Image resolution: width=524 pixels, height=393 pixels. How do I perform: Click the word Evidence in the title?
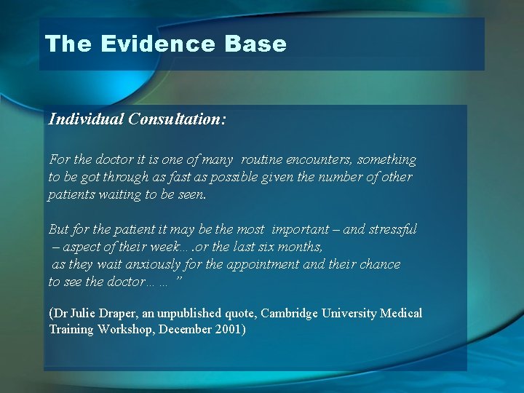click(157, 44)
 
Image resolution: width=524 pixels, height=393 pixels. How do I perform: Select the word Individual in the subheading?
click(86, 119)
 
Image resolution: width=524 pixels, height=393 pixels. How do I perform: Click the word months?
click(301, 247)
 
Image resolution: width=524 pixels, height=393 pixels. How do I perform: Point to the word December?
click(184, 330)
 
